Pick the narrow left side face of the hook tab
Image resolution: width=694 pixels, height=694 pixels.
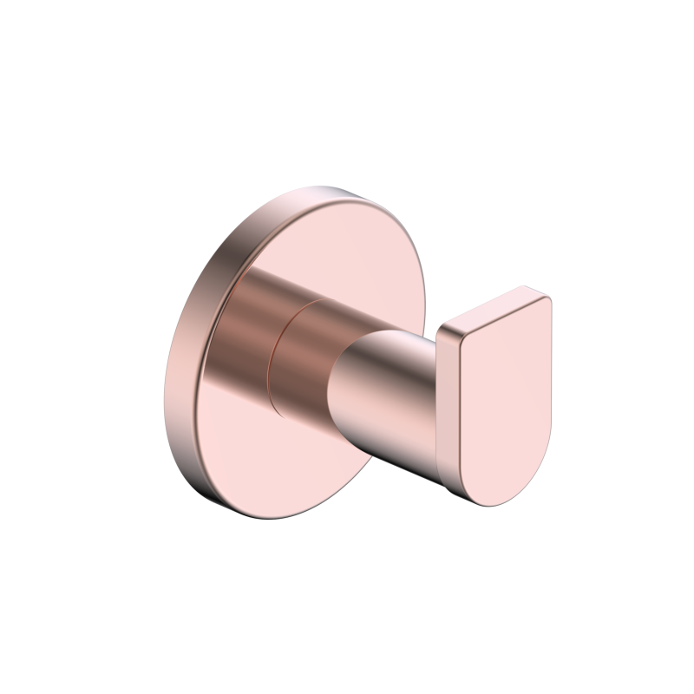click(x=448, y=408)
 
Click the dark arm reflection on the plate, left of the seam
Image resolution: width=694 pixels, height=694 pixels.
click(x=252, y=330)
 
